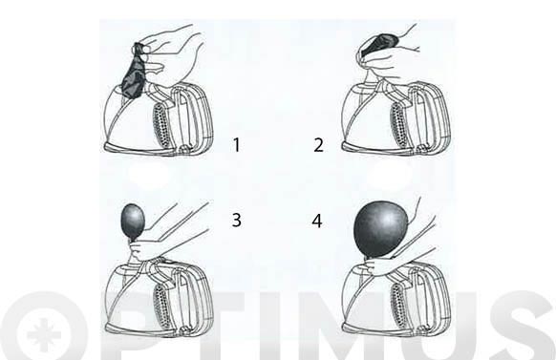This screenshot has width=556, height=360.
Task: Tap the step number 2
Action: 319,145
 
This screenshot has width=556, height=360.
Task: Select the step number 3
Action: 235,221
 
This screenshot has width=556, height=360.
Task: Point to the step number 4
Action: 317,221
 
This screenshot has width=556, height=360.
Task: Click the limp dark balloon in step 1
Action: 133,72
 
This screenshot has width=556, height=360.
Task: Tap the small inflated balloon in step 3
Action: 133,222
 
